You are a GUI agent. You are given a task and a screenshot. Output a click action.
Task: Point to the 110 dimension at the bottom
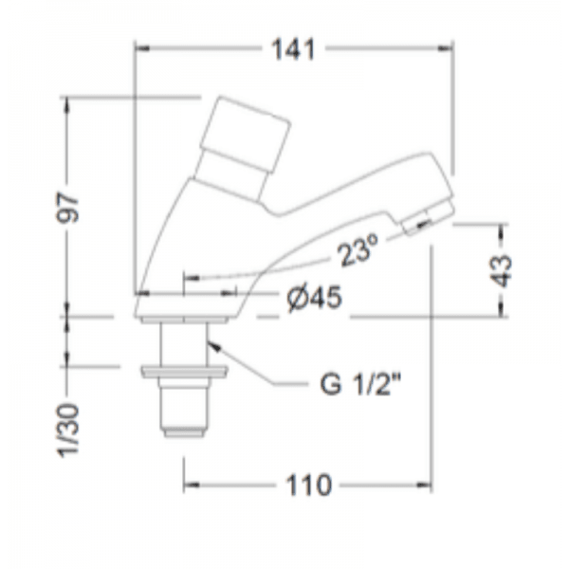pyautogui.click(x=308, y=486)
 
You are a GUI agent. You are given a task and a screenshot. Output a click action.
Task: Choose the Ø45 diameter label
pyautogui.click(x=312, y=299)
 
